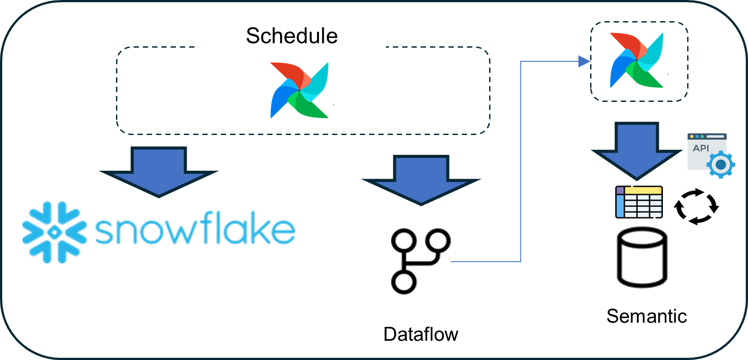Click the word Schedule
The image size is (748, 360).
(x=292, y=36)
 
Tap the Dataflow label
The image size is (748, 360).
(x=421, y=334)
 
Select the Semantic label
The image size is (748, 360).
(x=647, y=316)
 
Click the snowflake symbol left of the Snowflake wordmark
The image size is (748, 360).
(x=55, y=232)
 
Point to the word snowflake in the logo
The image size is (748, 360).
(x=194, y=229)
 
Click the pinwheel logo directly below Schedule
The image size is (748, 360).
(x=299, y=90)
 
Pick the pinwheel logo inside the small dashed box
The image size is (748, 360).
(x=637, y=60)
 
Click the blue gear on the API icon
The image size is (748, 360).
(x=721, y=165)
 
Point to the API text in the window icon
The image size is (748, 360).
(x=701, y=148)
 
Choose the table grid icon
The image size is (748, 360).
(x=639, y=202)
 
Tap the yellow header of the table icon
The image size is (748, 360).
(x=643, y=191)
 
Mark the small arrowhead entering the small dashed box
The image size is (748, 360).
(x=584, y=61)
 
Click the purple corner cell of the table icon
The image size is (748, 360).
(x=620, y=191)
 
